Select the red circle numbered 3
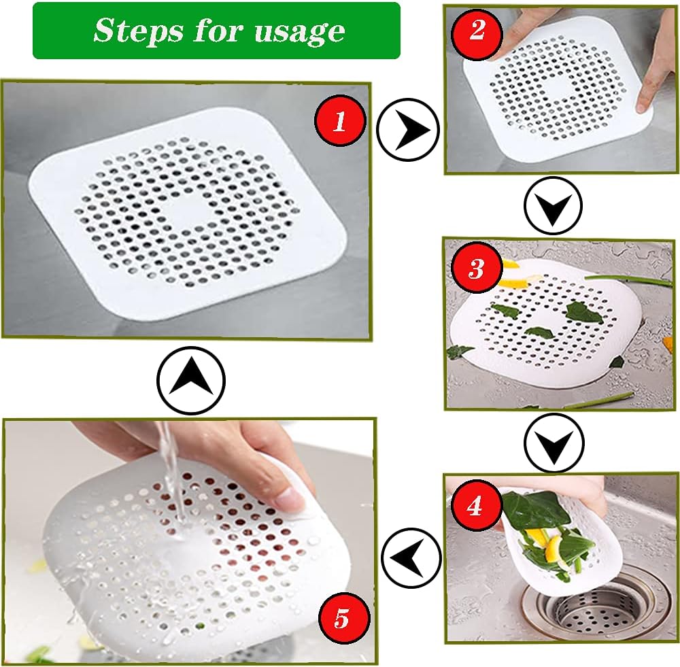pos(476,269)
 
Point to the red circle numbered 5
pos(341,619)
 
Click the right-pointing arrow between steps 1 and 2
pos(407,129)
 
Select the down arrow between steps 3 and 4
pos(554,443)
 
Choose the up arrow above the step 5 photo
pos(191,381)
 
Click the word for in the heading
pos(213,31)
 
